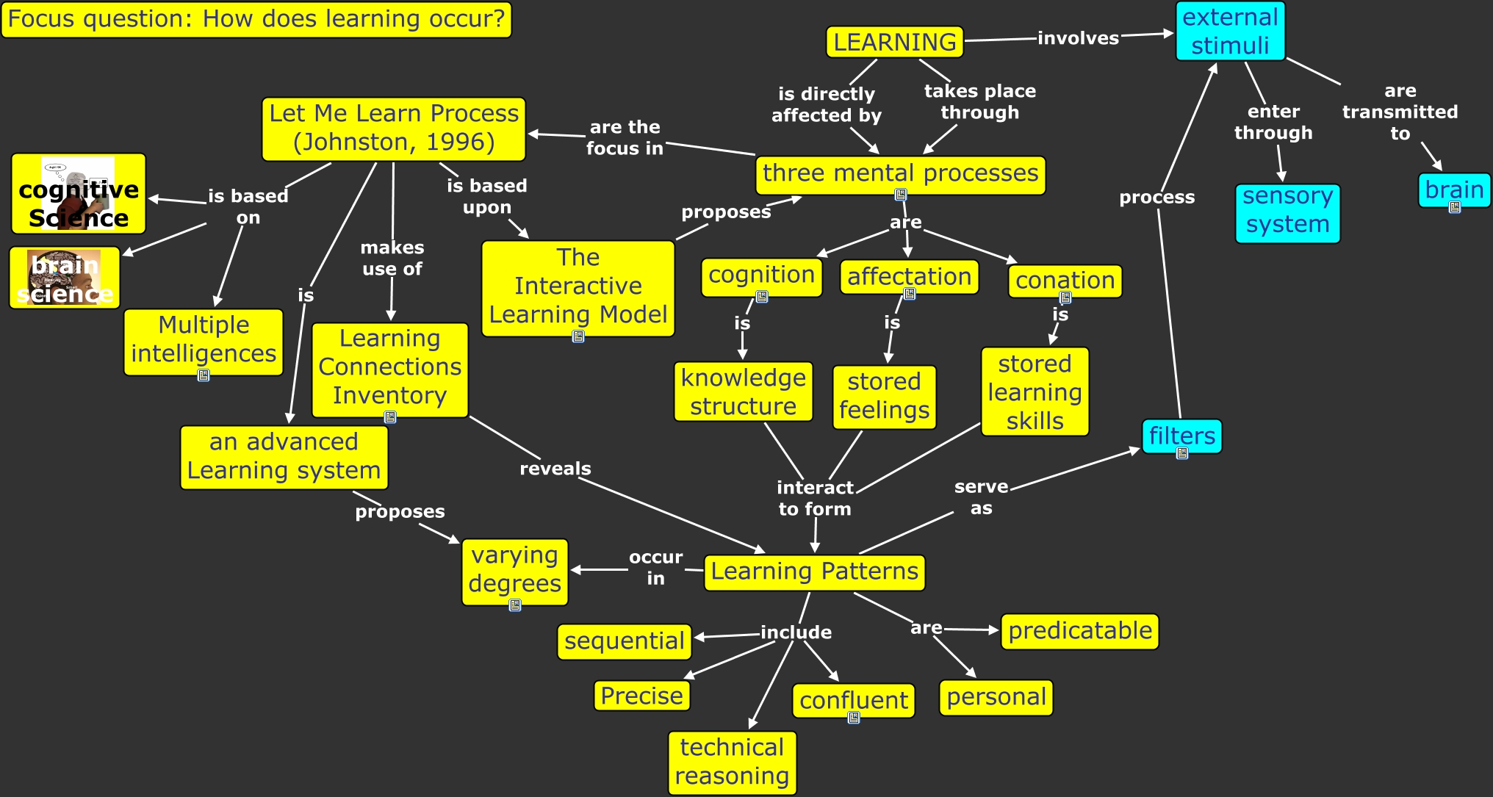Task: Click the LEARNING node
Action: pyautogui.click(x=894, y=42)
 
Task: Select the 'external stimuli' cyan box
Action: pyautogui.click(x=1230, y=32)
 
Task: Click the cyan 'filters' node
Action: pyautogui.click(x=1181, y=436)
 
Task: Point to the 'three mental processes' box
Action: pyautogui.click(x=900, y=174)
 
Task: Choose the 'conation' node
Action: pyautogui.click(x=1065, y=281)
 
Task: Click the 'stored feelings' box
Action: pyautogui.click(x=884, y=397)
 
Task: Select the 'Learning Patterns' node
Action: pyautogui.click(x=814, y=572)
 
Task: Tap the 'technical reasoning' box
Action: pyautogui.click(x=732, y=762)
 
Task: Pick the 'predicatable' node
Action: pyautogui.click(x=1079, y=631)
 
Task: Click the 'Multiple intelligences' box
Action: pyautogui.click(x=204, y=340)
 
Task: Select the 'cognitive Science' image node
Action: pyautogui.click(x=79, y=194)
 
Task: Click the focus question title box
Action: pyautogui.click(x=256, y=19)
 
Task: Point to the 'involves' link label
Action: pyautogui.click(x=1078, y=38)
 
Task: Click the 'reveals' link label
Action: pyautogui.click(x=555, y=469)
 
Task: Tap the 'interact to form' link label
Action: pyautogui.click(x=815, y=498)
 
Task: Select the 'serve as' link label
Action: pyautogui.click(x=981, y=497)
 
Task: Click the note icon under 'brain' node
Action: pyautogui.click(x=1454, y=208)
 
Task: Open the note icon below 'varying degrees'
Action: pyautogui.click(x=515, y=606)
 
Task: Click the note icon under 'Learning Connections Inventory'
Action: pyautogui.click(x=390, y=418)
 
